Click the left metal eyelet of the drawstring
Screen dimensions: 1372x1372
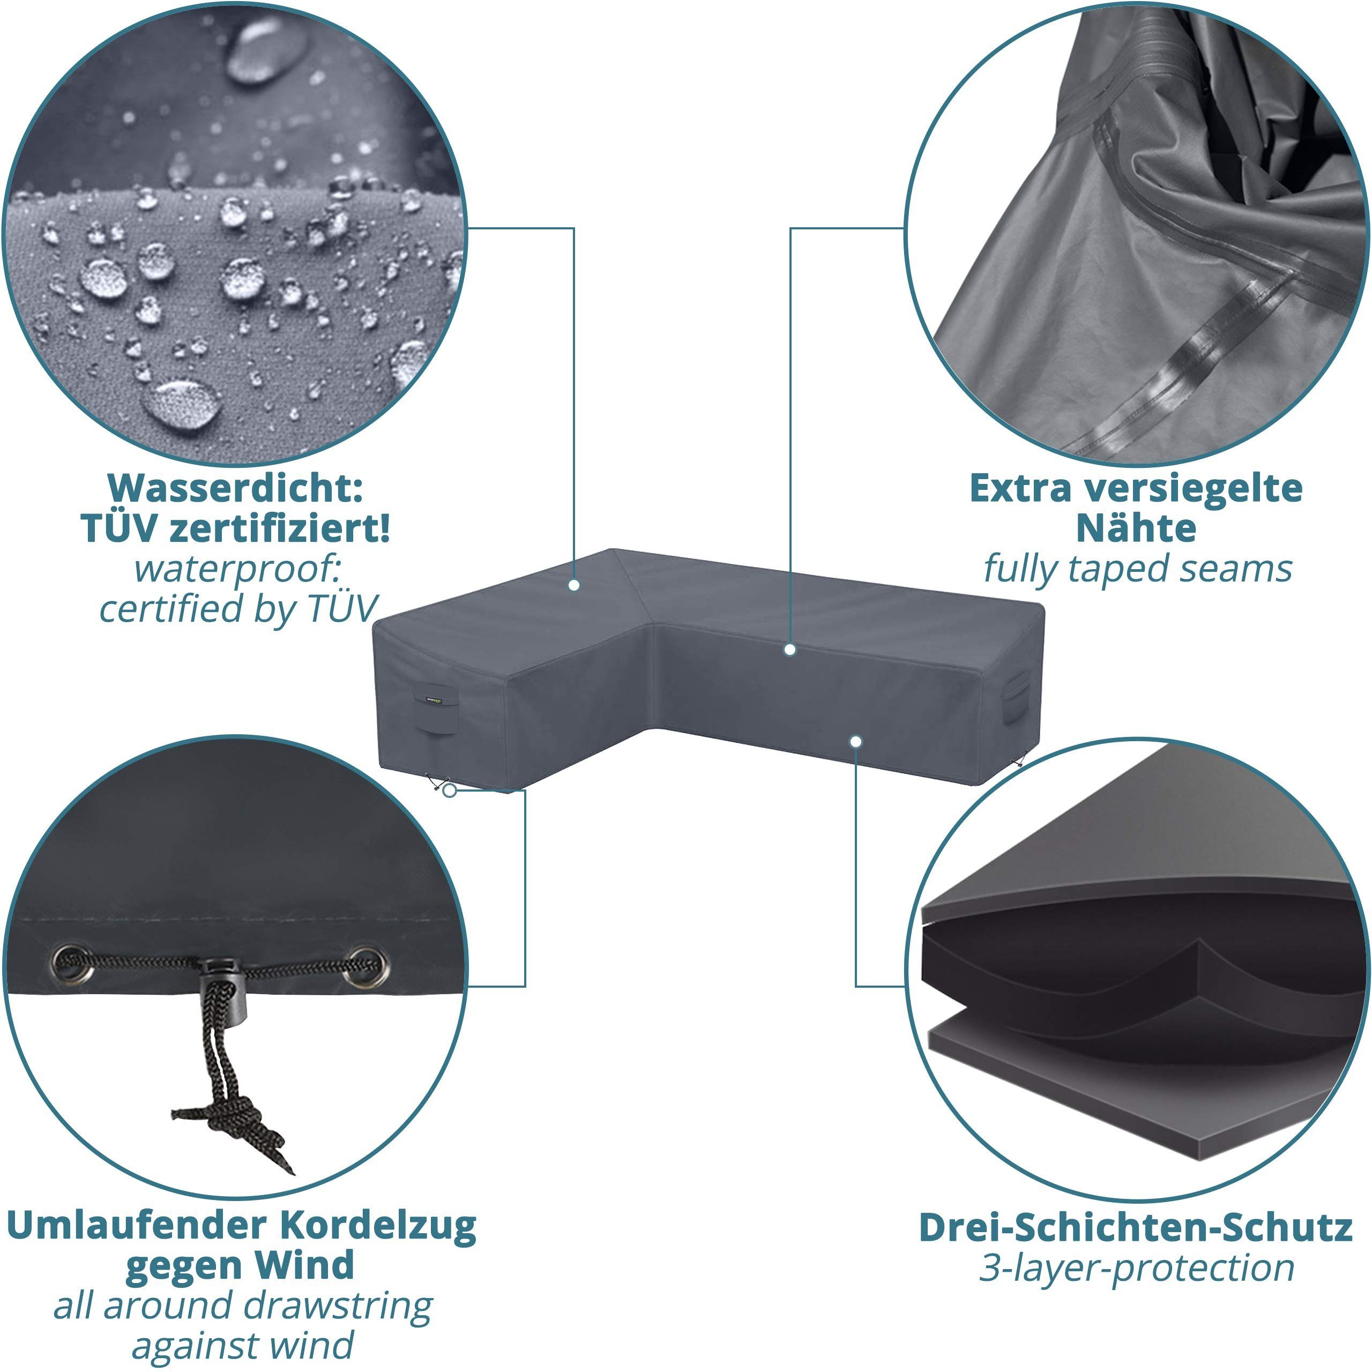72,964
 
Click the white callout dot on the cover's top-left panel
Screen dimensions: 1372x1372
574,585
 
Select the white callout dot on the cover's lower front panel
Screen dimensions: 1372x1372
856,741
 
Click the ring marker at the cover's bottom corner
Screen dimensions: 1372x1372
449,789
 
